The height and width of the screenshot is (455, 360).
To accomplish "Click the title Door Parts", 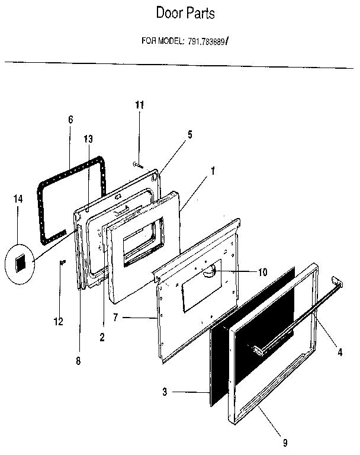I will click(x=185, y=14).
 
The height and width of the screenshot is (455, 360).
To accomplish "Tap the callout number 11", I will click(x=139, y=105).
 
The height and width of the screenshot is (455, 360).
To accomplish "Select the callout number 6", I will click(x=70, y=120).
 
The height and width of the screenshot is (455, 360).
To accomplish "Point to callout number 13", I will click(x=88, y=139).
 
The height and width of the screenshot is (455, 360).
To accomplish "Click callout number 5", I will click(x=189, y=134).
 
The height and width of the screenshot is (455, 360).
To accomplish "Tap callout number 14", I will click(x=18, y=200).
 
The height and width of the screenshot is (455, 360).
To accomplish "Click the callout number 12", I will click(x=58, y=322).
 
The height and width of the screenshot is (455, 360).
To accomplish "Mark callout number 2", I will click(x=102, y=338).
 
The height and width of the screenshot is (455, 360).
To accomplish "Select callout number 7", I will click(x=116, y=318).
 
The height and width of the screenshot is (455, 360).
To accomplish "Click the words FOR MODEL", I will click(x=163, y=41).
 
